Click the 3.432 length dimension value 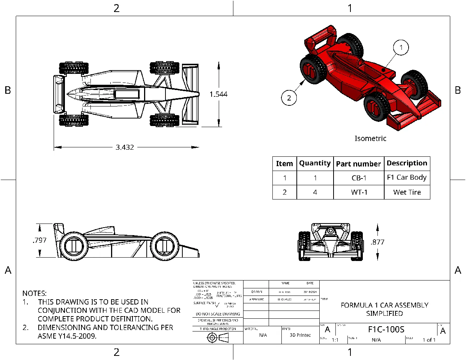point(125,147)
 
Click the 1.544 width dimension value point(218,94)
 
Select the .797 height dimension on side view point(39,240)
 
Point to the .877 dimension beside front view point(377,242)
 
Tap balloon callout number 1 point(401,48)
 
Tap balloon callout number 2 point(289,98)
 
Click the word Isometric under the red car point(370,138)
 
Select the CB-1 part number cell point(359,178)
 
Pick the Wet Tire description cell point(407,192)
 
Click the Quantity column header point(315,163)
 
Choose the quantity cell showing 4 point(315,192)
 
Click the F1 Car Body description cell point(407,178)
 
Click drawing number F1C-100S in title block point(386,330)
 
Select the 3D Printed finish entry point(300,335)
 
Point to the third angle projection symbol point(218,338)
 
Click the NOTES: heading point(35,293)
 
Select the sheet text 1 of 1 point(429,340)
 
